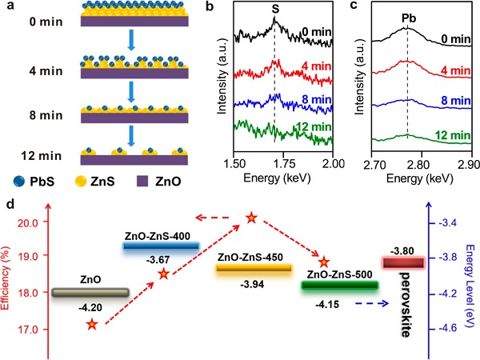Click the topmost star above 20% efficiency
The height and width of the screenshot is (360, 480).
pos(251,218)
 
